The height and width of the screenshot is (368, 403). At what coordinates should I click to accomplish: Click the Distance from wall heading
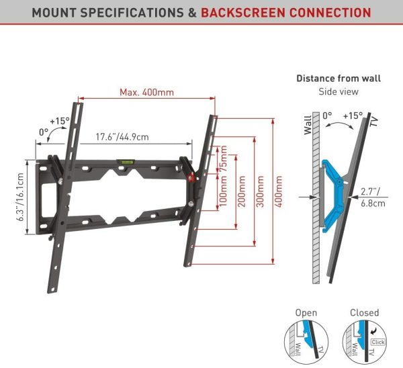click(339, 79)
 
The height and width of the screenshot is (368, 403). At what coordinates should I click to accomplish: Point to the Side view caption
click(339, 91)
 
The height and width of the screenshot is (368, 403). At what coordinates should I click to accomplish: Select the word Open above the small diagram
click(306, 313)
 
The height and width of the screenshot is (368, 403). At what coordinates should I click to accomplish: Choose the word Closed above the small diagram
click(364, 313)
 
